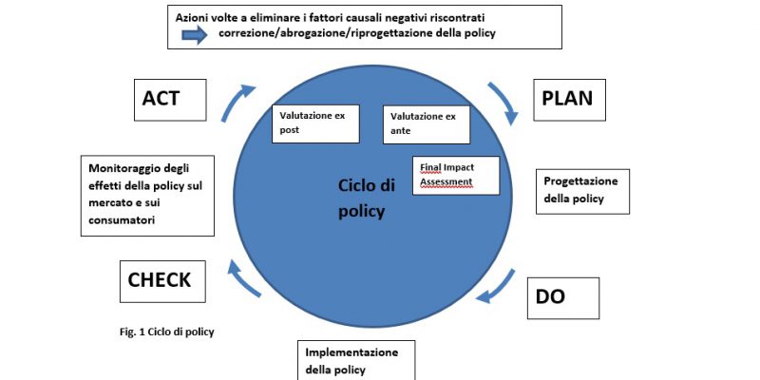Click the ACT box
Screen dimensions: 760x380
[x=170, y=100]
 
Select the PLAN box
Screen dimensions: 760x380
[x=569, y=100]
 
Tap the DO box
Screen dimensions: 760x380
[x=563, y=298]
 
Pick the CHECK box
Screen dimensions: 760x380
[x=162, y=281]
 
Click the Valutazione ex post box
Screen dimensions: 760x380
[x=315, y=123]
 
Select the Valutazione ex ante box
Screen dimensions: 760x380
[x=427, y=124]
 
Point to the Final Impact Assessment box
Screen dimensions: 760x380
[x=456, y=176]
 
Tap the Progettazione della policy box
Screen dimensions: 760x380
[x=582, y=192]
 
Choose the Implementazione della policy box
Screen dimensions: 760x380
[x=356, y=360]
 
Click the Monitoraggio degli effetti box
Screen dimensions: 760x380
[x=147, y=196]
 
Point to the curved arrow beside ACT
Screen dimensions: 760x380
[x=234, y=100]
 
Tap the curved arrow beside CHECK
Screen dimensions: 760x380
[x=241, y=278]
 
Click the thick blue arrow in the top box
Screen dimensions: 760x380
[x=195, y=35]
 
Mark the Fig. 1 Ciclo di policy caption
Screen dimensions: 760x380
[x=167, y=332]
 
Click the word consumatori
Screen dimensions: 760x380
[x=122, y=219]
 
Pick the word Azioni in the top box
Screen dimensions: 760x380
[x=191, y=17]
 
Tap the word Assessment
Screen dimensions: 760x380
[x=446, y=182]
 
